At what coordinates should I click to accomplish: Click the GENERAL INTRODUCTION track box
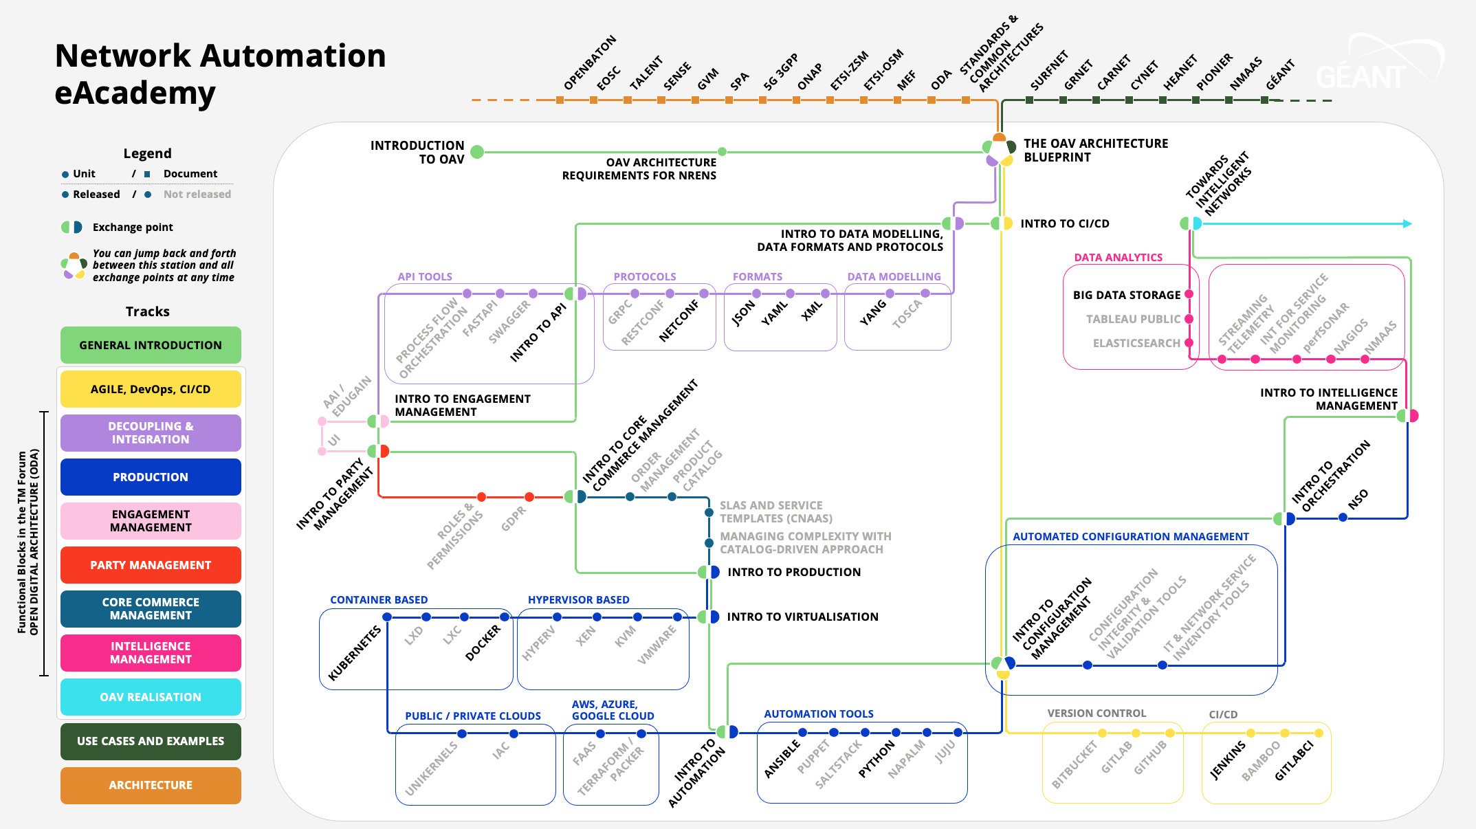[x=151, y=345]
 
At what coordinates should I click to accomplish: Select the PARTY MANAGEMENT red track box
[x=151, y=565]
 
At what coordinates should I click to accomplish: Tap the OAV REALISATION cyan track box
[x=151, y=697]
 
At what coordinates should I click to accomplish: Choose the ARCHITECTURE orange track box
[x=151, y=785]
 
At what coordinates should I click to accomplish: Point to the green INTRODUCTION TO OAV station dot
[x=477, y=152]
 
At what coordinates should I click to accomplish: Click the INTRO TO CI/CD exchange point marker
[x=1002, y=223]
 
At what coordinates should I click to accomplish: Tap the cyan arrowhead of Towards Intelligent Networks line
[x=1407, y=223]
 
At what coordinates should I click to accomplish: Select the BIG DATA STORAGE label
[x=1126, y=295]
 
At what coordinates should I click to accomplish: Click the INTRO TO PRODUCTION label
[x=793, y=572]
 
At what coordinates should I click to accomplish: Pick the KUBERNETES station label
[x=355, y=653]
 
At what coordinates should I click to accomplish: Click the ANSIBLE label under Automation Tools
[x=782, y=759]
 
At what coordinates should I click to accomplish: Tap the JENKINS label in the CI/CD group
[x=1228, y=760]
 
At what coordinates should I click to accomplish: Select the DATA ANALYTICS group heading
[x=1118, y=257]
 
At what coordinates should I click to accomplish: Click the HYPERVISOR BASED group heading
[x=578, y=599]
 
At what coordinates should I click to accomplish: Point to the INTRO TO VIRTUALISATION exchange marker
[x=709, y=617]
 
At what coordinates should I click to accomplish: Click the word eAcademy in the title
[x=135, y=93]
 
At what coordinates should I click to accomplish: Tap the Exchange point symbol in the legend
[x=72, y=227]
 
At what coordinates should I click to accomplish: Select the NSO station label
[x=1357, y=499]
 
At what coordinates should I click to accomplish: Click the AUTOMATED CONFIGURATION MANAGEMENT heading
[x=1130, y=536]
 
